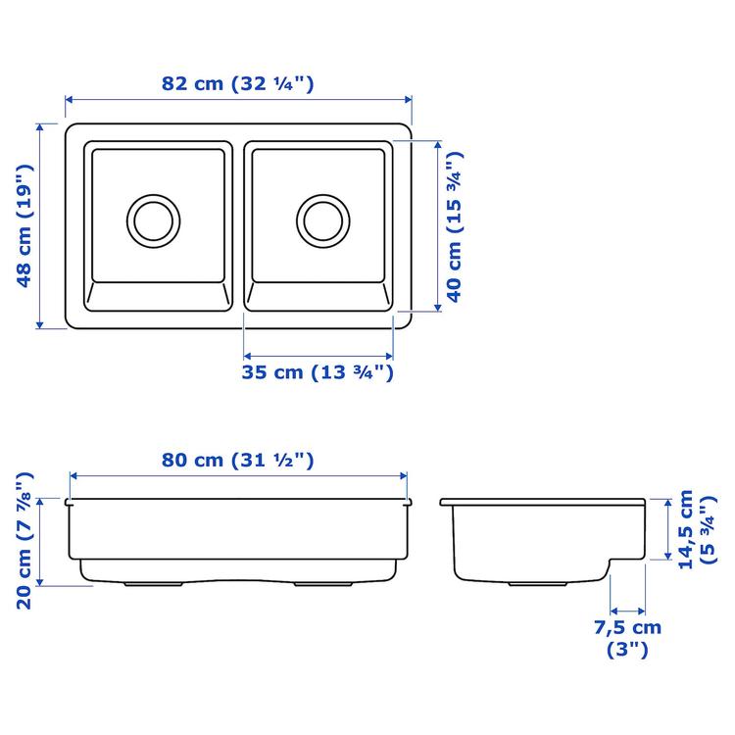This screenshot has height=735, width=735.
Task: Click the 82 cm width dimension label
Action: [238, 83]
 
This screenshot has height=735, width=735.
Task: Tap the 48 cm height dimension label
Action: [26, 226]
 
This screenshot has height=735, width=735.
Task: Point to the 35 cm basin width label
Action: [318, 372]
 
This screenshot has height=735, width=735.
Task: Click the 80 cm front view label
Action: [238, 459]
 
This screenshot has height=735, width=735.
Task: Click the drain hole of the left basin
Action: [153, 220]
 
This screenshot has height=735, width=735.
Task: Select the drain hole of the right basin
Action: [322, 220]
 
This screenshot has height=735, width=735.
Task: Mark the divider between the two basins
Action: [238, 225]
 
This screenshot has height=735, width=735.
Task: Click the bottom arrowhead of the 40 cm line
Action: [437, 306]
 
